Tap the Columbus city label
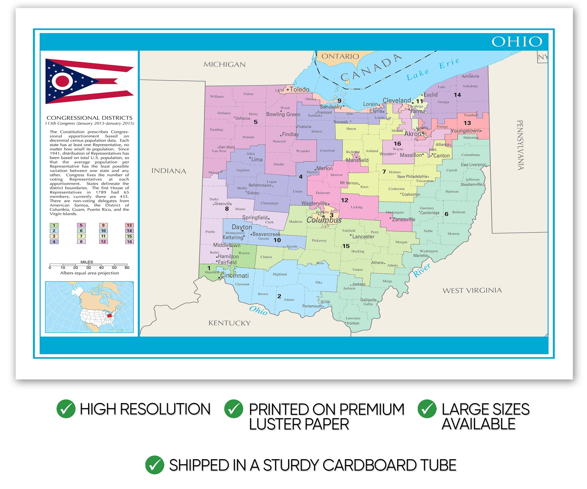coord(324,220)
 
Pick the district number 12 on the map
coord(344,200)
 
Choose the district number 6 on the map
coord(446,214)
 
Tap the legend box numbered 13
coord(129,225)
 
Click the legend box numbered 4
coord(54,242)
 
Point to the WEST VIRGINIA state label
coord(472,291)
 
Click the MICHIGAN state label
coord(224,65)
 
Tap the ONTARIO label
coord(340,57)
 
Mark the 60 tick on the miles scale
coord(127,267)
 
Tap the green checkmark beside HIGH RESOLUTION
coord(66,409)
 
